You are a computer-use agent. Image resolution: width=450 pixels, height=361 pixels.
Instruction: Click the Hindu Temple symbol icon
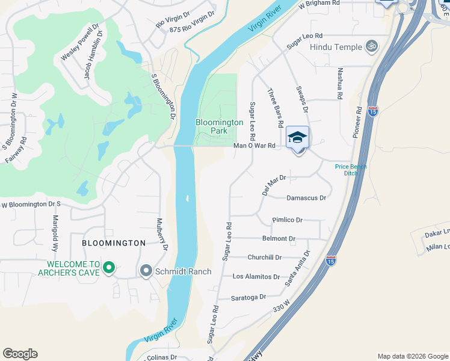coord(371,46)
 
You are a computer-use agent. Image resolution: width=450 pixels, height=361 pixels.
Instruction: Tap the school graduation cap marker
coord(297,139)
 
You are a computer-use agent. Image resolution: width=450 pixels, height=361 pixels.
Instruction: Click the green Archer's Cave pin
coord(109,267)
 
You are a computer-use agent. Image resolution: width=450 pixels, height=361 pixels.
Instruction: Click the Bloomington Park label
coord(220,126)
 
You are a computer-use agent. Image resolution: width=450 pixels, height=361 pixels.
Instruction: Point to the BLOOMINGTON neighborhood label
coord(114,243)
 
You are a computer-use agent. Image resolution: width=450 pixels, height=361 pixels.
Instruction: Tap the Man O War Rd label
coord(254,146)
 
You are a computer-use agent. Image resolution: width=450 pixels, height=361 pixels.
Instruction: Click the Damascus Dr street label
coord(306,197)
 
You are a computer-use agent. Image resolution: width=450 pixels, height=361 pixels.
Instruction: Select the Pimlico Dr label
coord(287,220)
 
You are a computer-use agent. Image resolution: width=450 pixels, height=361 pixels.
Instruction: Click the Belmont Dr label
coord(279,239)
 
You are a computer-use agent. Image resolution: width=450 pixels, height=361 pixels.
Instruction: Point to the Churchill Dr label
coord(265,258)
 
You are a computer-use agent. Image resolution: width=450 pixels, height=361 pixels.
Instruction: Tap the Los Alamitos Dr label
coord(256,277)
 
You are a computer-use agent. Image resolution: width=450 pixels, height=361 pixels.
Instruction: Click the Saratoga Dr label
coord(248,297)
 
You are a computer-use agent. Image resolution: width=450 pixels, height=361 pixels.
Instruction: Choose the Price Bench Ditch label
coord(351,170)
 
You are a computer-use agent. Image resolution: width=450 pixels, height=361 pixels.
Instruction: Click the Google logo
coord(20,354)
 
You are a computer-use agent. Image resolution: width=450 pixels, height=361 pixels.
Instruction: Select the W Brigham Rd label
coord(319,4)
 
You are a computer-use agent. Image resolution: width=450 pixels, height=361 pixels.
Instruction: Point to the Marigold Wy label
coord(55,233)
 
